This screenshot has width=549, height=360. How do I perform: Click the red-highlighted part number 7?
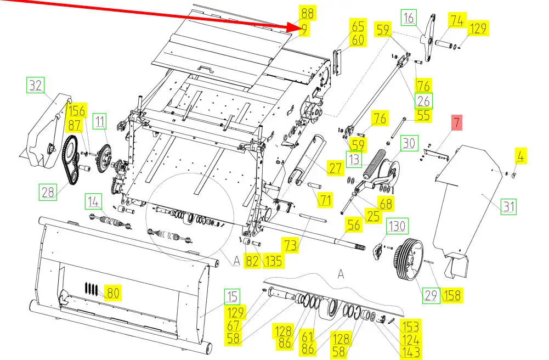(x=456, y=122)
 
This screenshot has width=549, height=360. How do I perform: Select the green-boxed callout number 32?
(x=36, y=85)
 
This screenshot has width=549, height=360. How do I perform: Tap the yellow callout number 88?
(x=308, y=13)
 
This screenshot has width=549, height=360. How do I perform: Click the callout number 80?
(x=113, y=292)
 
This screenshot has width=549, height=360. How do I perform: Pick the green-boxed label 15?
(x=232, y=296)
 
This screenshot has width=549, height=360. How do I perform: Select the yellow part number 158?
(x=452, y=295)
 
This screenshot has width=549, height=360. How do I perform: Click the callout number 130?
(x=397, y=226)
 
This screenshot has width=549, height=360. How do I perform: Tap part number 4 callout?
(x=520, y=156)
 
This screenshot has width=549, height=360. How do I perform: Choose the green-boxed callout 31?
(x=508, y=206)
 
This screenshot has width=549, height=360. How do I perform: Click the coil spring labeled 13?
(x=372, y=164)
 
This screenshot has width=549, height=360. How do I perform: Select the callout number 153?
(x=410, y=327)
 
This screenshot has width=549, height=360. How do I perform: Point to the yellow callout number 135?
(x=274, y=261)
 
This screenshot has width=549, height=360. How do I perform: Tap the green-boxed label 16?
(x=409, y=18)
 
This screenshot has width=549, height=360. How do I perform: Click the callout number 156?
(x=77, y=111)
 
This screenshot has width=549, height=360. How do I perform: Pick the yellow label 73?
(x=290, y=245)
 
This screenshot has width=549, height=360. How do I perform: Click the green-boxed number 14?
(x=93, y=202)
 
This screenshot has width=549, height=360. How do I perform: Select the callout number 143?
(x=411, y=352)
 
